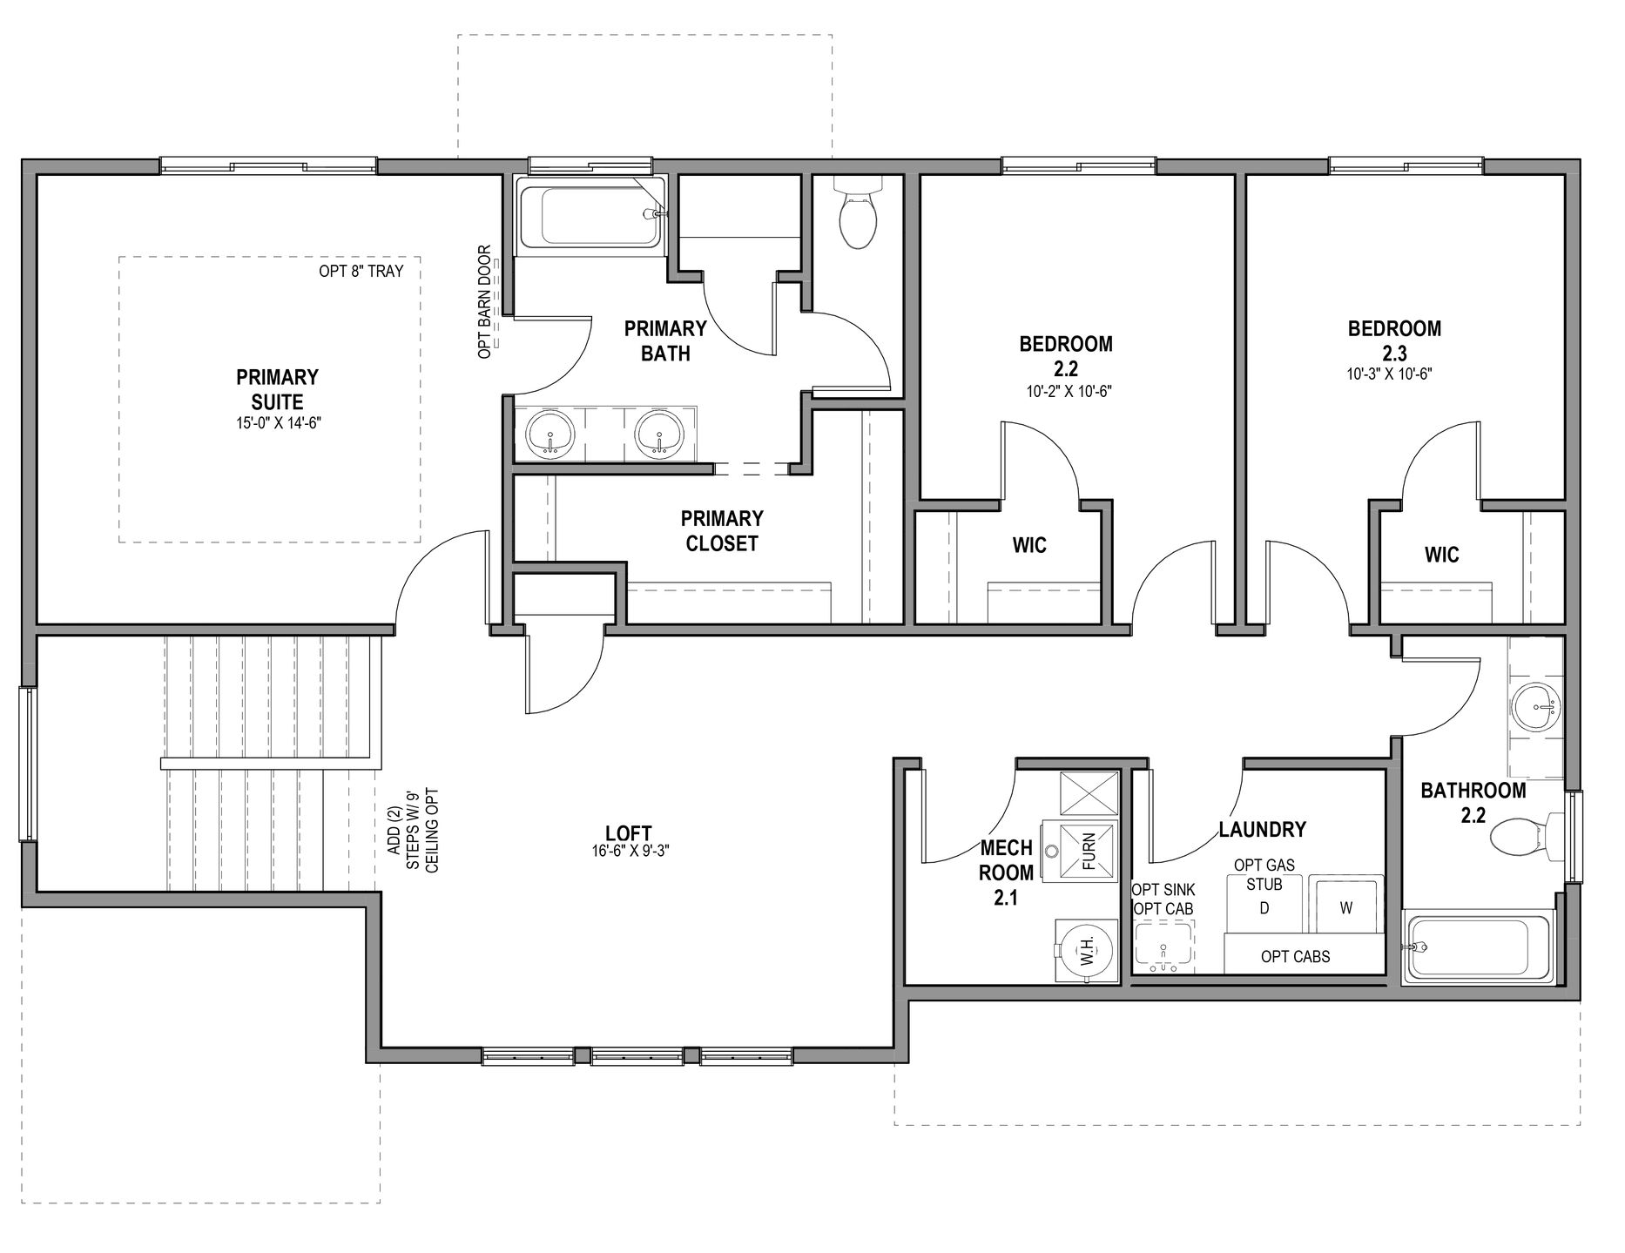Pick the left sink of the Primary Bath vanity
click(x=550, y=433)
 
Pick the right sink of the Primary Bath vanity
click(x=660, y=433)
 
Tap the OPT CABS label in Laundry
click(x=1296, y=956)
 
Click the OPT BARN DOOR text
click(x=485, y=301)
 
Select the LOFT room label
click(x=629, y=833)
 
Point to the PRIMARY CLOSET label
click(x=722, y=531)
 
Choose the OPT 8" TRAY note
click(x=361, y=271)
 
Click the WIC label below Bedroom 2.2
click(x=1029, y=546)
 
